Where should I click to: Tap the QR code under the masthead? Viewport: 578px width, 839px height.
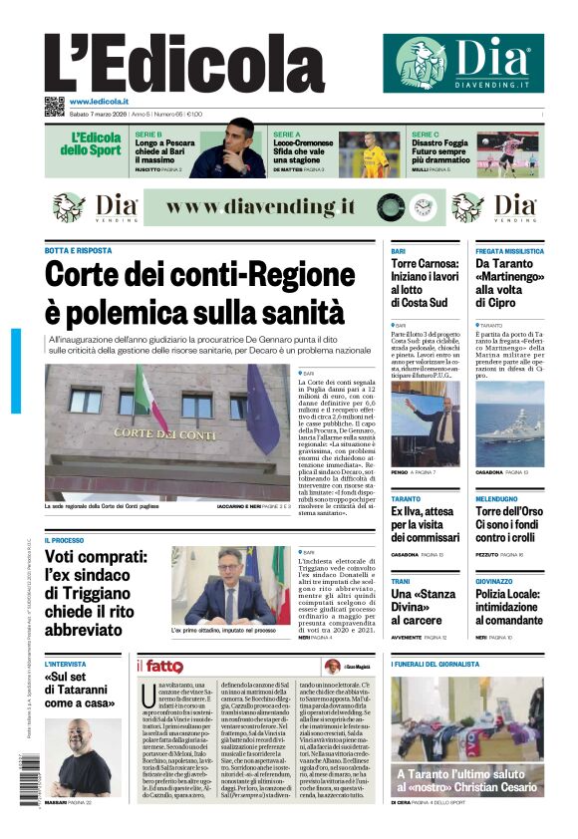(x=54, y=107)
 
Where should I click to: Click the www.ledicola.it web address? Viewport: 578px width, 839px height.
(x=99, y=102)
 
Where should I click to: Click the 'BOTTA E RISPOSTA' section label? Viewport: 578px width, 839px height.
(x=79, y=250)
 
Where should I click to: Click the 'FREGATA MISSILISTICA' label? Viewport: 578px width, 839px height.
(x=509, y=251)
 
